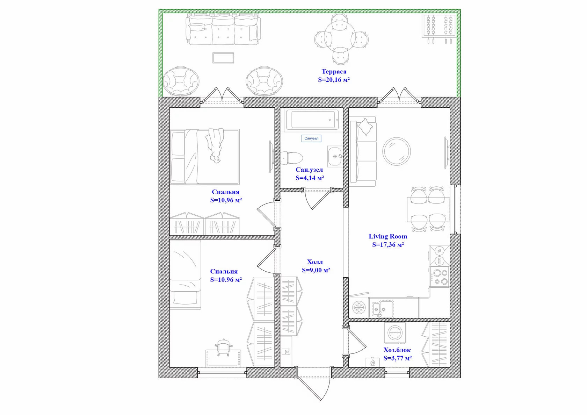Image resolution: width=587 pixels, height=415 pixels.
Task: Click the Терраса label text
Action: coord(334,71)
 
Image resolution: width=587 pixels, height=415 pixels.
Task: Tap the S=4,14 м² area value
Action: coord(310,178)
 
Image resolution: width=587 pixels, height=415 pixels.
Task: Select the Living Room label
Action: coord(388,236)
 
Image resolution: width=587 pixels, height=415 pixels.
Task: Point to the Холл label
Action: coord(315,262)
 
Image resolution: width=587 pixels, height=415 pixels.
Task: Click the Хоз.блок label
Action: coord(397,350)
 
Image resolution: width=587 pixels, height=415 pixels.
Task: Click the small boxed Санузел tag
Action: coord(311,138)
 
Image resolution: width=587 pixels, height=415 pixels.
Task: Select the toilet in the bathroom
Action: coord(292,158)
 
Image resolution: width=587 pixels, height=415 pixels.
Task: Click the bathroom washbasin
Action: coord(335,157)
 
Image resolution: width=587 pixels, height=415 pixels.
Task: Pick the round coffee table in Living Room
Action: coord(397,151)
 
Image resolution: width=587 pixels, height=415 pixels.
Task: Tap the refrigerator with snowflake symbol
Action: coord(358,307)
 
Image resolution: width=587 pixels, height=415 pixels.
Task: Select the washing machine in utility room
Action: coord(395,333)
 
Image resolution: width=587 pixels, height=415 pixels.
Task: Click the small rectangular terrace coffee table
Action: coord(223,58)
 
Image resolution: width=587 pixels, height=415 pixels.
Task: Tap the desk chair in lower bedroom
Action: coord(223,347)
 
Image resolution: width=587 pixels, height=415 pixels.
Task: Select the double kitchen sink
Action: coord(383,308)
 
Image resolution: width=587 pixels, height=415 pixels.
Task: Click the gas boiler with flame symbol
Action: coord(372,362)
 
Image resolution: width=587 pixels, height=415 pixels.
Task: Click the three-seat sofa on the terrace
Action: coord(223,29)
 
